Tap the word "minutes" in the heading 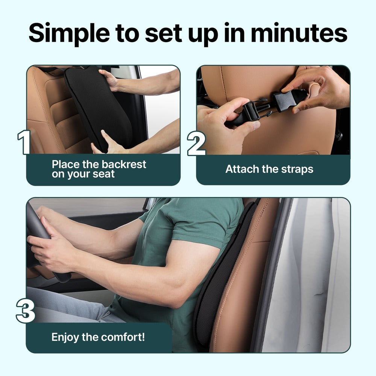tap(299, 33)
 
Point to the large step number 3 tap(25, 310)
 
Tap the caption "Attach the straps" tap(269, 169)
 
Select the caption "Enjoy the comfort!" tap(98, 337)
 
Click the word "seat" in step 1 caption tap(104, 174)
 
